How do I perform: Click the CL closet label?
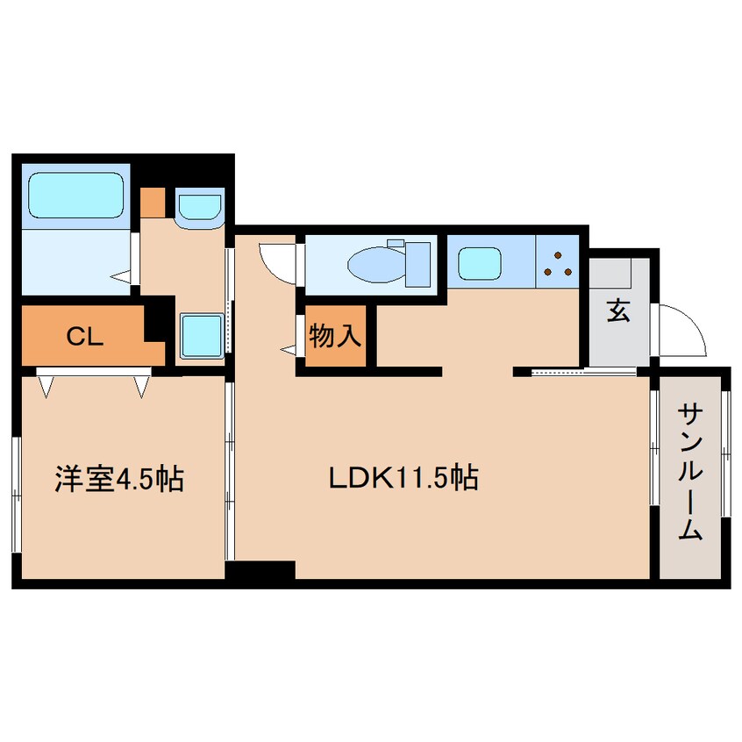click(86, 335)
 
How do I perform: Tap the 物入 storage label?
click(335, 335)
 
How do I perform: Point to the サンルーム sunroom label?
click(692, 473)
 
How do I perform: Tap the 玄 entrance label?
click(618, 310)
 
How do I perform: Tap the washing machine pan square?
click(201, 333)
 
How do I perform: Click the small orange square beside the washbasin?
click(153, 203)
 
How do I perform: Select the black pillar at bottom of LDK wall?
click(260, 571)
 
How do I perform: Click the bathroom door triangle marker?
click(123, 278)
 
